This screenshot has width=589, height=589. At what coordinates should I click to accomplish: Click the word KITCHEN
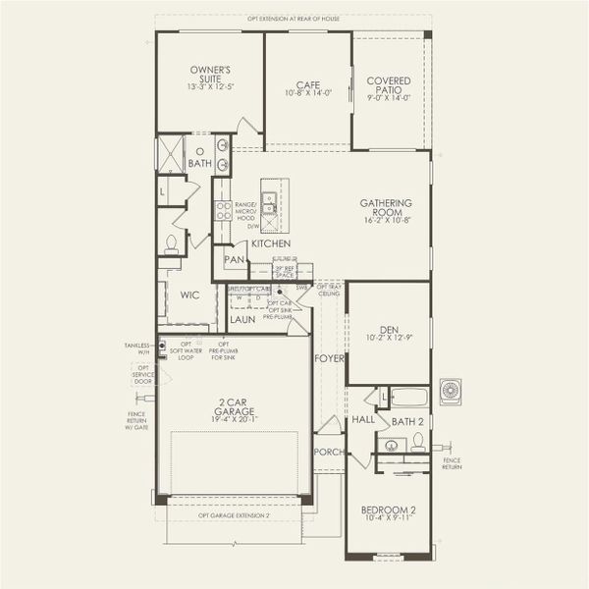pyautogui.click(x=270, y=242)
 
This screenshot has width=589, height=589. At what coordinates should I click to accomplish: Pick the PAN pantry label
pyautogui.click(x=234, y=260)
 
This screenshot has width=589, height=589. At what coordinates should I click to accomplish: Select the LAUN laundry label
pyautogui.click(x=242, y=319)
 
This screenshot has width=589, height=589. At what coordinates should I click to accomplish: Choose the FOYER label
pyautogui.click(x=329, y=359)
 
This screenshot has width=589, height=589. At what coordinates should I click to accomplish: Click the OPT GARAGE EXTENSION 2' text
pyautogui.click(x=234, y=515)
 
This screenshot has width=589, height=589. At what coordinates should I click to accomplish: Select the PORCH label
pyautogui.click(x=327, y=452)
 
